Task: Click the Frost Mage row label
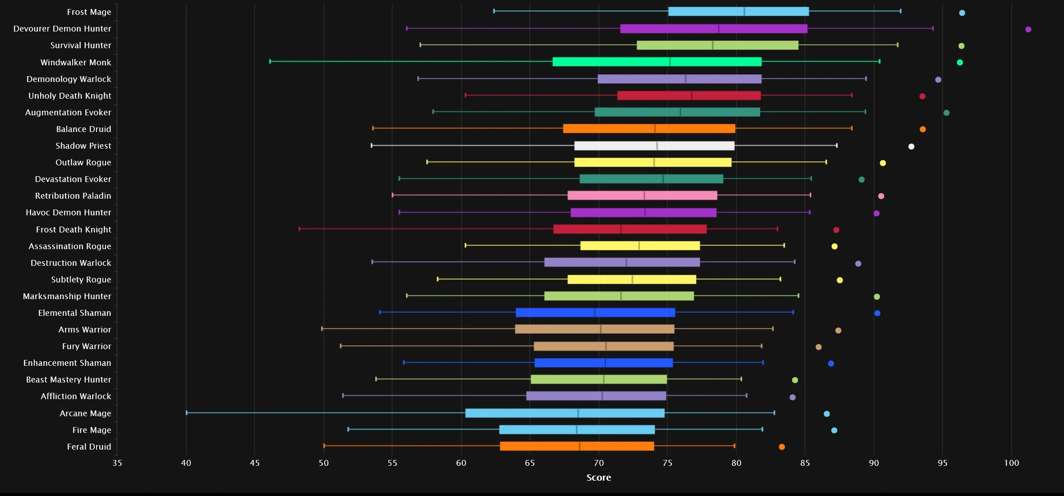tap(89, 12)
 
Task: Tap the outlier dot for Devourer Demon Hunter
tap(1028, 29)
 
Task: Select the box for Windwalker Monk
tap(657, 62)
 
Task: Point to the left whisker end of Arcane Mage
tap(187, 413)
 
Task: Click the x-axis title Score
tap(599, 478)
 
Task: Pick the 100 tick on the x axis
tap(1011, 463)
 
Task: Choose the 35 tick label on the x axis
tap(117, 463)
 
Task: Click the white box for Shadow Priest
tap(654, 146)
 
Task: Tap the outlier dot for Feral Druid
tap(782, 447)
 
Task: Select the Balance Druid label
tap(83, 129)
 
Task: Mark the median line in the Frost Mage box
tap(744, 11)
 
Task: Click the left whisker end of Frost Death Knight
tap(299, 229)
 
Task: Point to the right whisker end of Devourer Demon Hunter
tap(933, 28)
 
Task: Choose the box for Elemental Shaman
tap(595, 313)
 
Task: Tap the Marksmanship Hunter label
tap(67, 296)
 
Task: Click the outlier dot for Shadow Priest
tap(911, 146)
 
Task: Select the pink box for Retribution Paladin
tap(642, 196)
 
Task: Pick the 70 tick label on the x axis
tap(599, 463)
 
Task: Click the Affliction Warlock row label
tap(76, 396)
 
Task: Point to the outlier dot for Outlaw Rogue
tap(883, 163)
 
